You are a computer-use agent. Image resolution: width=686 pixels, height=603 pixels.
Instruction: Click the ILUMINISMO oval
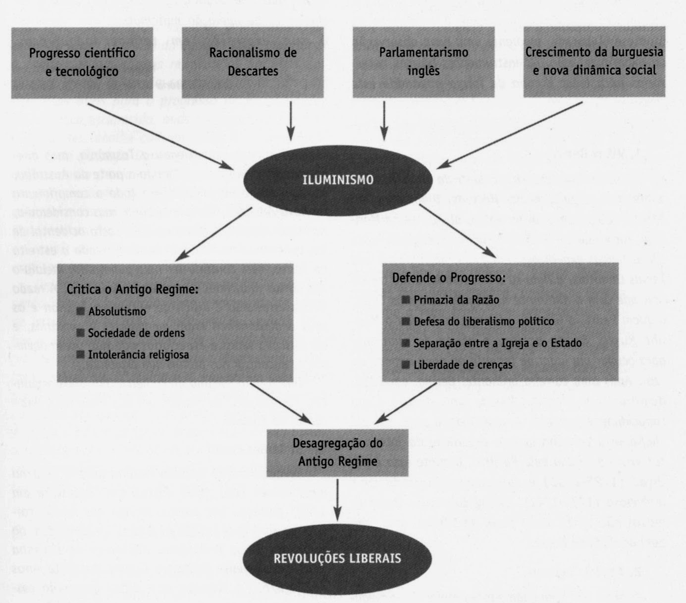coord(338,180)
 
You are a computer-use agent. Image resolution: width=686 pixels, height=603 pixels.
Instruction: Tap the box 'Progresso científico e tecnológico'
coord(82,62)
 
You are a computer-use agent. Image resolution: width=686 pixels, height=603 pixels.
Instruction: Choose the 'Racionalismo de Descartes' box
coord(253,62)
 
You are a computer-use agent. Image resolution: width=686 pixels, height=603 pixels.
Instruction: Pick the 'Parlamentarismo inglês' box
coord(423,61)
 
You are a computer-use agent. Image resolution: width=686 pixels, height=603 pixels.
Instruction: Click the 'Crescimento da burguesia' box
coord(594,61)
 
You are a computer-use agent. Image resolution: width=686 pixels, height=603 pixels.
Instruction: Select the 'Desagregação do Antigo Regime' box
coord(337,452)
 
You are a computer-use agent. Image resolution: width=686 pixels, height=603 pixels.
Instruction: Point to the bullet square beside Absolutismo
coord(81,311)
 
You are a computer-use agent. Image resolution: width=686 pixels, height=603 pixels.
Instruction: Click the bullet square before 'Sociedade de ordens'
coord(81,333)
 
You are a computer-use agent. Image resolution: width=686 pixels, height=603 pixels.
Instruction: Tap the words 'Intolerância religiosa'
coord(138,354)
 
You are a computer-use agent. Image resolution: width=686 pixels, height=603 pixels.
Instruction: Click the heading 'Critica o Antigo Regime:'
coord(132,289)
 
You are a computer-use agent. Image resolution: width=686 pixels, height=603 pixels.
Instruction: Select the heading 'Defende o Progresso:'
coord(449,277)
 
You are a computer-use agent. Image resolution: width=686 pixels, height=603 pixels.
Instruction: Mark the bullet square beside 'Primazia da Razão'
coord(406,300)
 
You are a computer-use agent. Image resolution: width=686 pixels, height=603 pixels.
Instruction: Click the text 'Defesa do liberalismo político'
coord(484,321)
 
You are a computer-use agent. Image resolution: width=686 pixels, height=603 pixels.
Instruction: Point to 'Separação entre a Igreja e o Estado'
coord(497,343)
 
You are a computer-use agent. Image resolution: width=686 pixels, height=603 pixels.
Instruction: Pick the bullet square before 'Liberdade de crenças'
coord(406,365)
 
